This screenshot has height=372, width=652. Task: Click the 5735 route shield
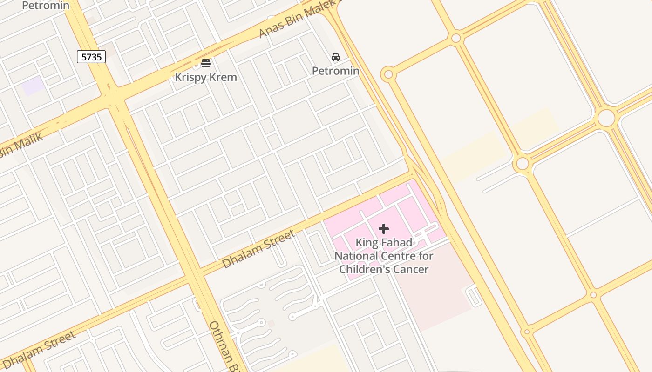[91, 57]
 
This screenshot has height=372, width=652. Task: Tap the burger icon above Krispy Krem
[206, 63]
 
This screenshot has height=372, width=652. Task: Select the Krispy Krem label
[206, 77]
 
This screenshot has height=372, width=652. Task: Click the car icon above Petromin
[335, 57]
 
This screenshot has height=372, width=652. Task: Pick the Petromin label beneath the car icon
[335, 71]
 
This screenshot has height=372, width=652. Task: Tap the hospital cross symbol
[384, 229]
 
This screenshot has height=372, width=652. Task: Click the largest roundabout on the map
[606, 118]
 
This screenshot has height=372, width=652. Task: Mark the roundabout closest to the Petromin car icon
[388, 74]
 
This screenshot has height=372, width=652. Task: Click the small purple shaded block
[33, 86]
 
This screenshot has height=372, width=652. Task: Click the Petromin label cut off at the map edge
[46, 6]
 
